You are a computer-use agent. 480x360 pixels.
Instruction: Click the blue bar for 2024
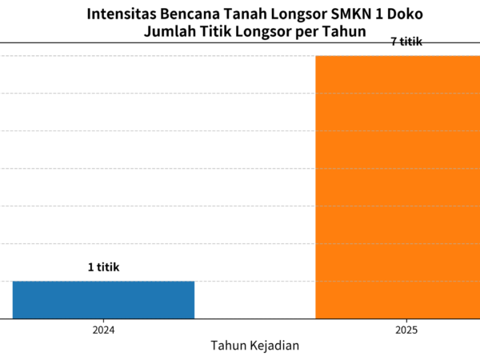(103, 300)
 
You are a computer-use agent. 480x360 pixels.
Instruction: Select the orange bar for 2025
(398, 187)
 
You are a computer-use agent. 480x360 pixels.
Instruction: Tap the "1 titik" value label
(103, 267)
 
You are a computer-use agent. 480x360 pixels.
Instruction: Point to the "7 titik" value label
(406, 42)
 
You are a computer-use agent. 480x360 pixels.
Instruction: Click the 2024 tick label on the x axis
(103, 329)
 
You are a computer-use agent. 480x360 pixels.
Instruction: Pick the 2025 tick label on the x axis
(406, 329)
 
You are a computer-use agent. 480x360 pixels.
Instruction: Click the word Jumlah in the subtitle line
(169, 32)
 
